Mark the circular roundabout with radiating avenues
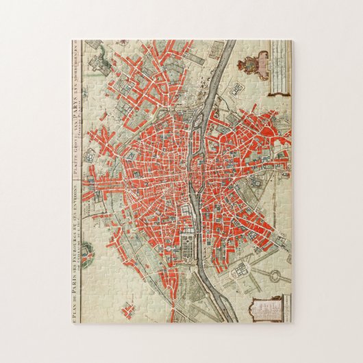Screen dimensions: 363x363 pyautogui.click(x=273, y=275)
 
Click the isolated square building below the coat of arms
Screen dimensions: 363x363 pyautogui.click(x=239, y=88)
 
